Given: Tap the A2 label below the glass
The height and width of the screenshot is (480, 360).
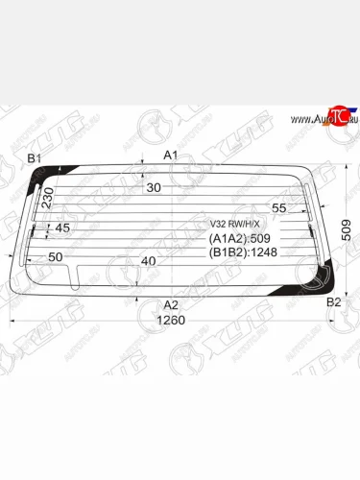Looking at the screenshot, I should point(172,304).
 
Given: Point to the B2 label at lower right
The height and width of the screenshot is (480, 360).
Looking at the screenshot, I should point(333,302).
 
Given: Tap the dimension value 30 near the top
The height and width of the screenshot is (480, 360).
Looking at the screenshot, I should point(154,188).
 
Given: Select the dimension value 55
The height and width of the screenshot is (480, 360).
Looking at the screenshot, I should point(279,208).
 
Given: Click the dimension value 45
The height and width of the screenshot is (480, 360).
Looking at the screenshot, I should point(62,228).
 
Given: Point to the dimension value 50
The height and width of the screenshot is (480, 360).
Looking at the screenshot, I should point(55,257).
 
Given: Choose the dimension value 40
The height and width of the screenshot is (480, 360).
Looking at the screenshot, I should point(148,261).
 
